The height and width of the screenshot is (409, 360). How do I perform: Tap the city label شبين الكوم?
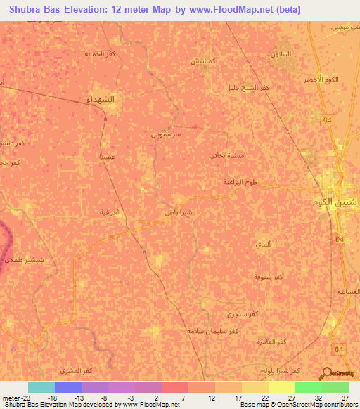pos(335,201)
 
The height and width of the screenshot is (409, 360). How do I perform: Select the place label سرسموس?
pos(167,132)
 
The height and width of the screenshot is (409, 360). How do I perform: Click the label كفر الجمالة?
pos(99,53)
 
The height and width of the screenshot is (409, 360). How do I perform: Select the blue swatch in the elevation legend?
pos(68,387)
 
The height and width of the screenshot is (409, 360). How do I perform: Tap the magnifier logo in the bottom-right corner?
pos(326,373)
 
